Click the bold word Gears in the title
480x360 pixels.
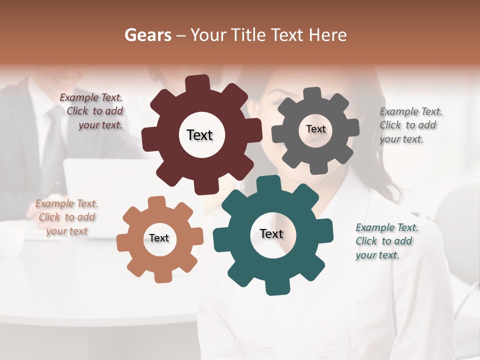[148, 35]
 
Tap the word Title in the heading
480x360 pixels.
[249, 35]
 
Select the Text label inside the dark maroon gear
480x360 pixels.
[199, 135]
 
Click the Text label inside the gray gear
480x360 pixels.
[315, 129]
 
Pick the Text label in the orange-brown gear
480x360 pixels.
[159, 238]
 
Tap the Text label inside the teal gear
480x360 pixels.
[271, 233]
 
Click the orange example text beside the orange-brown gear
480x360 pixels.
[67, 217]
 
